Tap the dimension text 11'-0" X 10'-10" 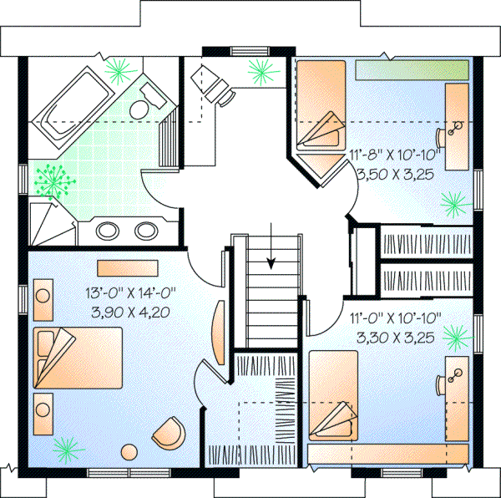point(397,318)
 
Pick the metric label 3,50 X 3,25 point(397,175)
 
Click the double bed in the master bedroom point(78,358)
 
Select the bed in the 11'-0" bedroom point(334,397)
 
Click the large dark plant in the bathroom point(56,179)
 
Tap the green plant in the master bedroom point(65,450)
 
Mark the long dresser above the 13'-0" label point(123,267)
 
